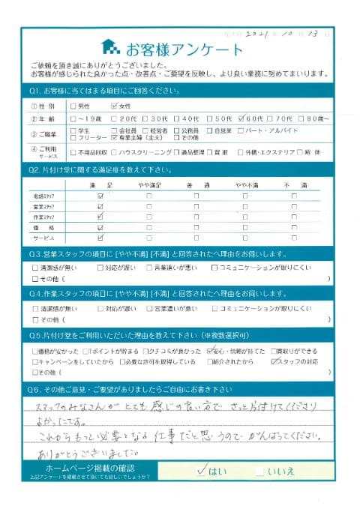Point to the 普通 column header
(x=196, y=184)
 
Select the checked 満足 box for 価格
(x=100, y=226)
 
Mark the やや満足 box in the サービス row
(x=148, y=237)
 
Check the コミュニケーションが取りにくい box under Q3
(x=215, y=267)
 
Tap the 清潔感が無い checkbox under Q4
(x=35, y=307)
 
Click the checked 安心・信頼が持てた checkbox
(x=209, y=350)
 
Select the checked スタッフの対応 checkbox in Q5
(x=275, y=361)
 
